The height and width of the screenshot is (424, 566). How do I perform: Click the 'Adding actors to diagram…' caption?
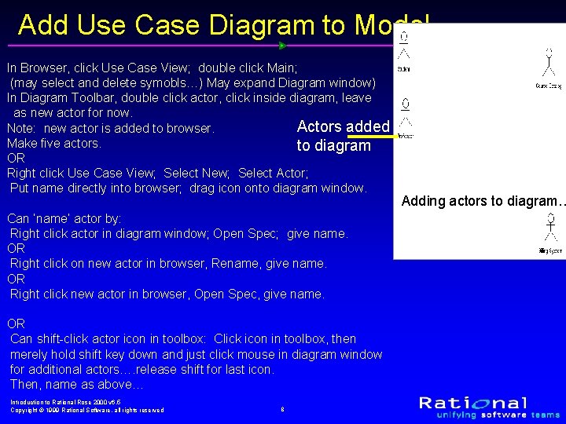483,201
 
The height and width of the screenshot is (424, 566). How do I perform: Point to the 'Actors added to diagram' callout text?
343,136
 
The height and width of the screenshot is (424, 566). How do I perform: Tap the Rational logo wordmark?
472,403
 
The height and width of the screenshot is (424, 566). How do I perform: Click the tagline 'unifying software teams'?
489,415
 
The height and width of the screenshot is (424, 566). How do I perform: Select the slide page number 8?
282,409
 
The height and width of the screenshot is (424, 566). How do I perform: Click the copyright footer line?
86,410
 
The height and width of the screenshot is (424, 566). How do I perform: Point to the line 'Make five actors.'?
54,143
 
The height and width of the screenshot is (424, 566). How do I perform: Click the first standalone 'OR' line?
16,158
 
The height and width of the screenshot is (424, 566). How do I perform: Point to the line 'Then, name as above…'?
77,384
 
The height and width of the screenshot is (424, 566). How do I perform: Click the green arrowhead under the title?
282,46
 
